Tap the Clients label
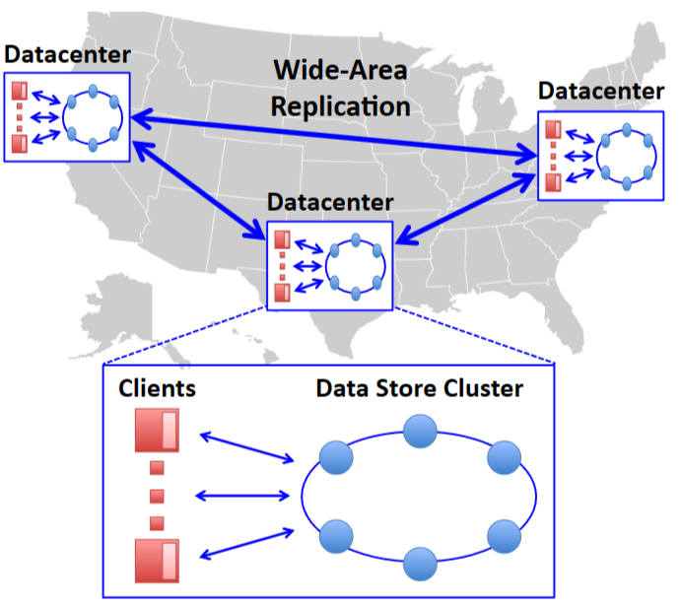pos(157,387)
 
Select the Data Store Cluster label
pos(419,387)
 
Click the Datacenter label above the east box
pos(601,91)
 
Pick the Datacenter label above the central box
pos(330,203)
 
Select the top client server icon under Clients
pos(156,431)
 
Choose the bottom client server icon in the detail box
pos(156,558)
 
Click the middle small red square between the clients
pos(156,494)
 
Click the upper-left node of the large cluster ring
pos(336,457)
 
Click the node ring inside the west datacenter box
pos(93,118)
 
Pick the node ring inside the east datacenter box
pos(627,156)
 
